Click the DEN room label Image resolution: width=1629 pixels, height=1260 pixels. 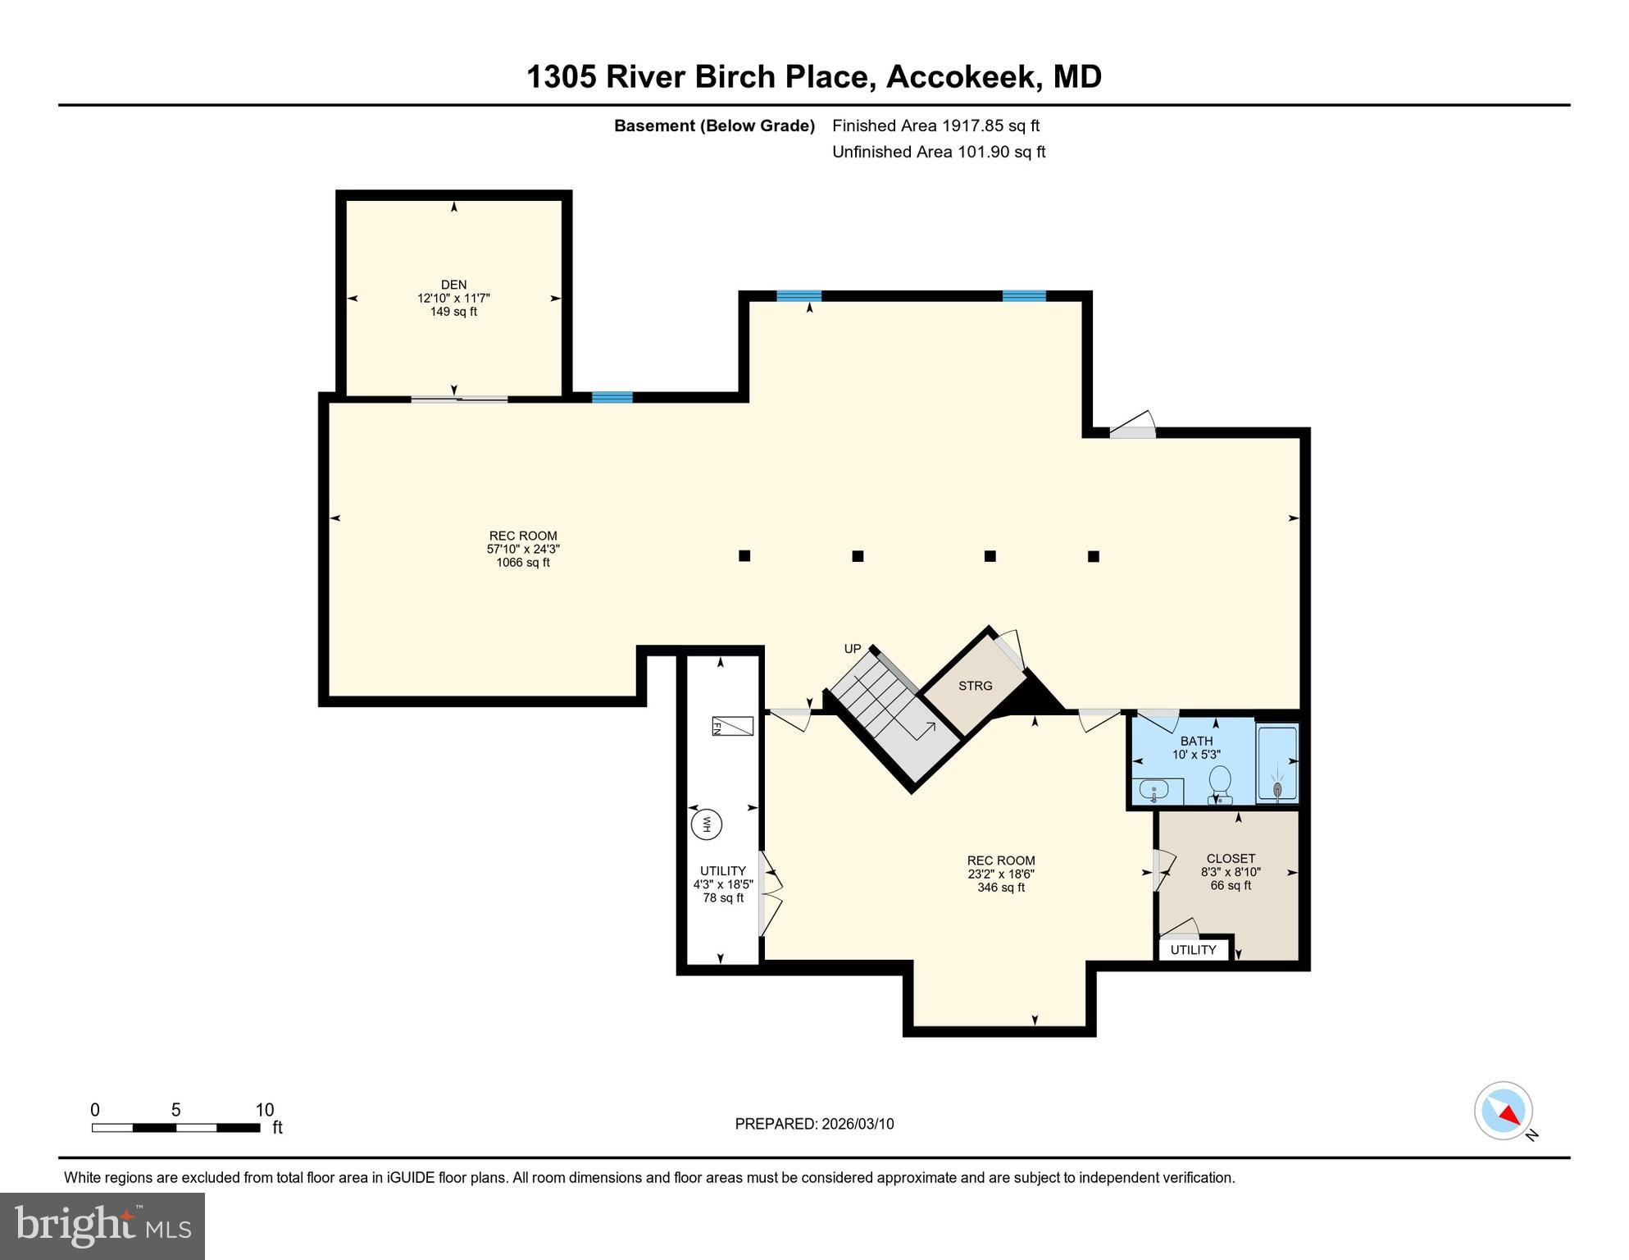[x=453, y=285]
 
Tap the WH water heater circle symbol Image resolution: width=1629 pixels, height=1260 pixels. [x=706, y=824]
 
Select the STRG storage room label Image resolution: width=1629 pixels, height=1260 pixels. [x=975, y=686]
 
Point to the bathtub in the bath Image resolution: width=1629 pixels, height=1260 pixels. [x=1277, y=762]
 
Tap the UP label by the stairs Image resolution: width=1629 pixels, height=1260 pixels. [x=853, y=649]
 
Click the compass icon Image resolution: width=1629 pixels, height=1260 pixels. [x=1504, y=1111]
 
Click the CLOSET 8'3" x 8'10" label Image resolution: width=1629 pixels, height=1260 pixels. [x=1231, y=872]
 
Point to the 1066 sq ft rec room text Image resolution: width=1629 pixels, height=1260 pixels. [x=523, y=563]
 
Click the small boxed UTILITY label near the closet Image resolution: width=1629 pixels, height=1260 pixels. [x=1193, y=950]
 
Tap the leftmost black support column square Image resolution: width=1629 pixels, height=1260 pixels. [x=744, y=555]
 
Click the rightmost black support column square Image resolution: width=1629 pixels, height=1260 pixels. [x=1093, y=556]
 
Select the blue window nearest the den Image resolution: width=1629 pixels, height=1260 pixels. [x=612, y=398]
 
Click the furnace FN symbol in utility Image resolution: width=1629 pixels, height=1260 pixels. [x=731, y=726]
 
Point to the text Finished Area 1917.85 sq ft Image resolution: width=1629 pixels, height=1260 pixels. [x=935, y=126]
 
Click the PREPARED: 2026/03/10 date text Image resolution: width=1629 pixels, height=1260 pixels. [x=814, y=1124]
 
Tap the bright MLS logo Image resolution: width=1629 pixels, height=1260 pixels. [x=102, y=1226]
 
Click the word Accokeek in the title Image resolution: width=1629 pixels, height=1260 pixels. [x=960, y=76]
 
